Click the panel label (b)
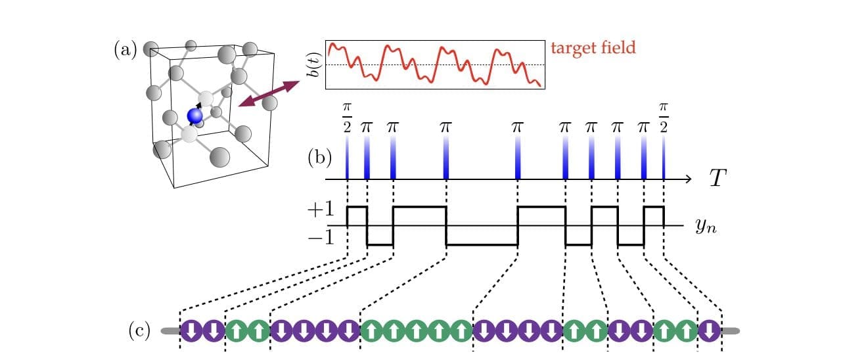[x=320, y=158]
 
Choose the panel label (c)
[x=139, y=330]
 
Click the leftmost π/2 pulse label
[x=347, y=116]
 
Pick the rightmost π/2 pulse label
[x=663, y=116]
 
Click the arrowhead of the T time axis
[x=687, y=179]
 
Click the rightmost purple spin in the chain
[x=709, y=330]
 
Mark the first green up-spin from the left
[x=236, y=330]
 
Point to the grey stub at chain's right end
[x=730, y=330]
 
